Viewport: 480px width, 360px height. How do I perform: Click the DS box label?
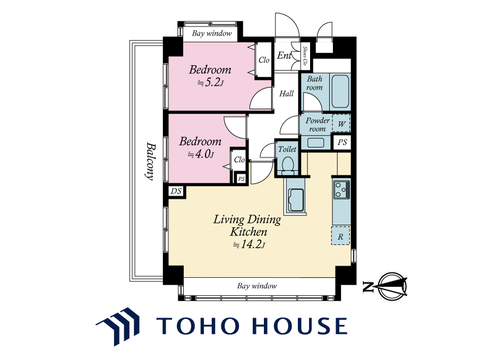(x=176, y=191)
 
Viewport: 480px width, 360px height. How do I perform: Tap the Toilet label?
(x=287, y=149)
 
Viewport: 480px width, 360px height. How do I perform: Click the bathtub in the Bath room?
(x=340, y=91)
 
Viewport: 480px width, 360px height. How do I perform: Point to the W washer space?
(x=341, y=124)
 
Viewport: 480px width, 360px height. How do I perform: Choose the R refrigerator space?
(x=340, y=236)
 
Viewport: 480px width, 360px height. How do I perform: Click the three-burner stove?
(x=341, y=190)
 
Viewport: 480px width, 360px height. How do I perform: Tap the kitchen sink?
(x=295, y=201)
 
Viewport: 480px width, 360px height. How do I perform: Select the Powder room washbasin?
(x=315, y=143)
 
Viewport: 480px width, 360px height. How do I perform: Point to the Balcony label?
(x=149, y=160)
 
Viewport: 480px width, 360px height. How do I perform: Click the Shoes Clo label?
(x=305, y=56)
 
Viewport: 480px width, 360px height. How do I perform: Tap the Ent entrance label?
(x=284, y=55)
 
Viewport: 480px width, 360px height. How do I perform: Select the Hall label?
(x=287, y=93)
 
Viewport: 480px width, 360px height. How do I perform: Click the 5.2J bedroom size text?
(x=210, y=83)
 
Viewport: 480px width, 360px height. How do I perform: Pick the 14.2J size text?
(x=248, y=244)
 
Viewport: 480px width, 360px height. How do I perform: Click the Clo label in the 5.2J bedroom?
(x=264, y=60)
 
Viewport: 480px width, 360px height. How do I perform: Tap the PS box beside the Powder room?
(x=342, y=142)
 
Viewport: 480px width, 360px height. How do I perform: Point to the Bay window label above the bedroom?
(x=212, y=33)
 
